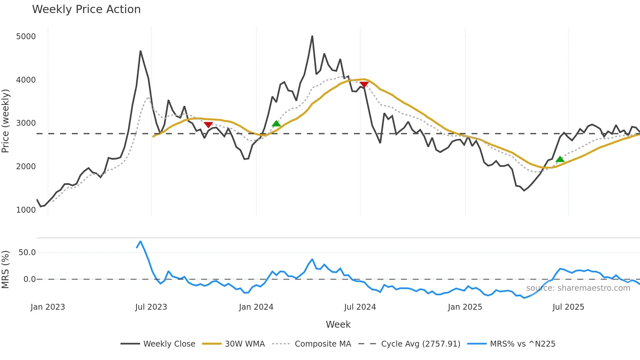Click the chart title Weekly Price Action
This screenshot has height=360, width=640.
86,9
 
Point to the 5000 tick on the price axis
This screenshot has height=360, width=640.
26,36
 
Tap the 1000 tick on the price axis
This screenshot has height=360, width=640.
26,210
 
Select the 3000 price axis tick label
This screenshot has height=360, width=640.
26,123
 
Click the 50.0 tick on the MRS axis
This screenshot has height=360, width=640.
27,252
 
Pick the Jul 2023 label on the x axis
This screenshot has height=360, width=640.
151,307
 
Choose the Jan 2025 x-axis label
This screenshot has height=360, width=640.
465,307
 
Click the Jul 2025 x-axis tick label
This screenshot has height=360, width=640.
568,307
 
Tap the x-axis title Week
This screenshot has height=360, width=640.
338,324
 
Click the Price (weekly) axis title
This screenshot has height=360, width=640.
6,121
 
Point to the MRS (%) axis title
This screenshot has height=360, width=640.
6,270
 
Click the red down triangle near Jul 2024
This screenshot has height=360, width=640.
364,85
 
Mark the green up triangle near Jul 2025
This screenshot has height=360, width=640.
560,159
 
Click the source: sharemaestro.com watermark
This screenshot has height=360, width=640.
578,288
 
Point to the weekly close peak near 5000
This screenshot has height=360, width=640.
312,36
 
